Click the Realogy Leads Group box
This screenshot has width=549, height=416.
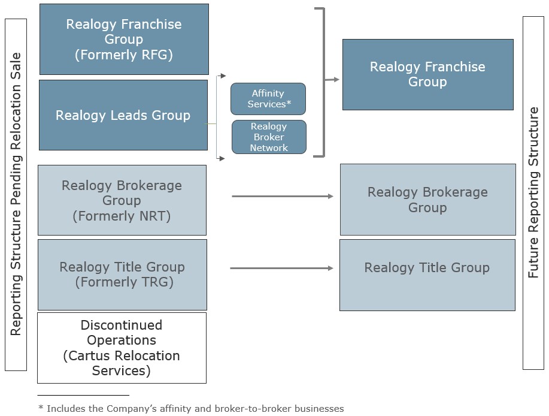123,115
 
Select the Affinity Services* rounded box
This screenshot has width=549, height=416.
268,99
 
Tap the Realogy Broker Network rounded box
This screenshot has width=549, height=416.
269,137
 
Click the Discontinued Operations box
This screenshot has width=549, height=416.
122,348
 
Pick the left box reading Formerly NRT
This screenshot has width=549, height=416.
122,200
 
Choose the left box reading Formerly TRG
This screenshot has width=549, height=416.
122,275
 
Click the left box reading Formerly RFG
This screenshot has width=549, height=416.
124,39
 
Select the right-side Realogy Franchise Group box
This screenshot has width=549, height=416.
427,74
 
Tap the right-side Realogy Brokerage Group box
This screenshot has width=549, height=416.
427,200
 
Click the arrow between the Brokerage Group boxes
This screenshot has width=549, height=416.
281,196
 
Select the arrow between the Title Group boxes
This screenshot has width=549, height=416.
280,268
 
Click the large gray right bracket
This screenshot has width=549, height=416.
323,83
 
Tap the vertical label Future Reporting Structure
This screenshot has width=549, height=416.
533,192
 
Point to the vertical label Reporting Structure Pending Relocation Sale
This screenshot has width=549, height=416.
16,194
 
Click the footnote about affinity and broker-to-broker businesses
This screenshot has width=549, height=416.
190,408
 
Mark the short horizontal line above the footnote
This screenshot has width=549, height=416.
83,395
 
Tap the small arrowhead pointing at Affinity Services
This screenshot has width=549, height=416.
223,76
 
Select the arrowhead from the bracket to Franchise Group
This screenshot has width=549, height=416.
336,79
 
